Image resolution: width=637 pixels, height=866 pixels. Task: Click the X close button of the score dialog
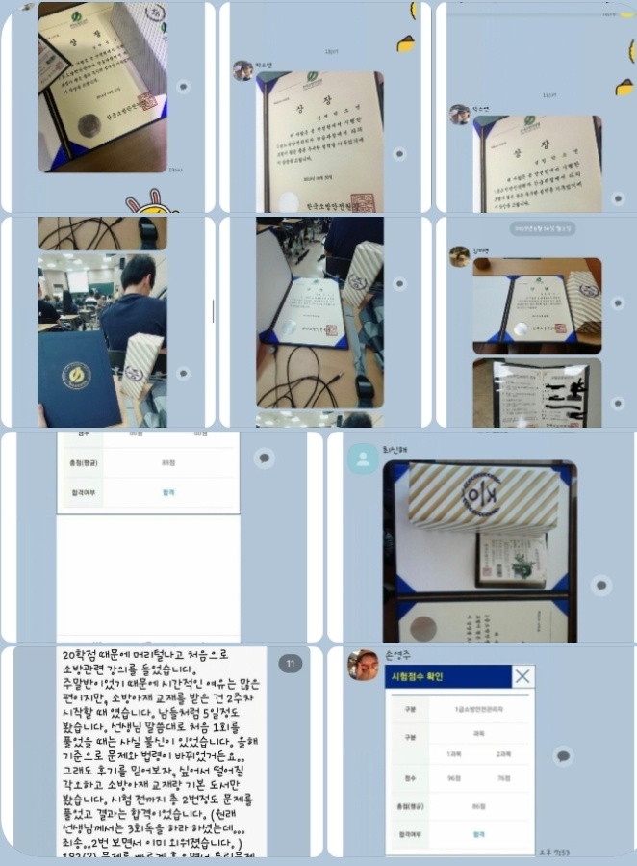[522, 676]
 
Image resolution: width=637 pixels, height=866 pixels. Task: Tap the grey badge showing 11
[290, 663]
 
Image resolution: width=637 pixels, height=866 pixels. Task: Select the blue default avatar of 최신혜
[363, 459]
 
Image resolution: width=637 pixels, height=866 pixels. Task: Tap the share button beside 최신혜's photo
[601, 585]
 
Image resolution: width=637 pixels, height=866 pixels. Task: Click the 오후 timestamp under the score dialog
[573, 852]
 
